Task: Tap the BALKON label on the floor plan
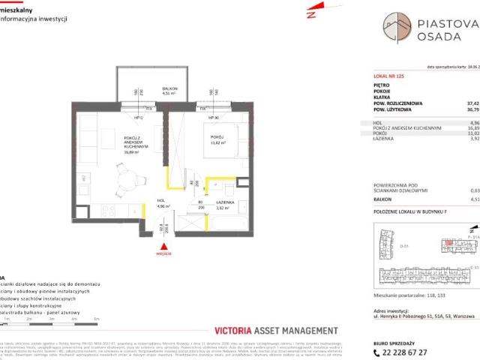[169, 89]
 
